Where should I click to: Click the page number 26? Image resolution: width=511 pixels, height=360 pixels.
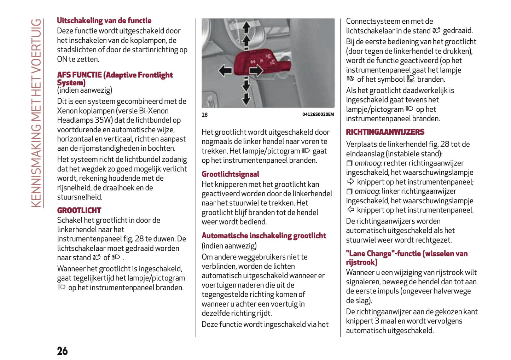pos(62,351)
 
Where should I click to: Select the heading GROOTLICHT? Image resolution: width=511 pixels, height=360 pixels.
pos(79,210)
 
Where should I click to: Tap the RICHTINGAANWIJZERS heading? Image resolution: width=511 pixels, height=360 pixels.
pos(385,132)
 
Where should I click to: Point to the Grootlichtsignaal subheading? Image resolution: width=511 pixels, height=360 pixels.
pos(230,174)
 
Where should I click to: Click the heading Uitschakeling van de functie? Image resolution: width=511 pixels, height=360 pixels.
pos(104,21)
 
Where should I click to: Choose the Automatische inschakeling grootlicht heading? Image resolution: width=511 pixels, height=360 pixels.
pos(264,236)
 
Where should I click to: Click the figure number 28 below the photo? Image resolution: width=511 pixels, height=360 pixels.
pos(205,115)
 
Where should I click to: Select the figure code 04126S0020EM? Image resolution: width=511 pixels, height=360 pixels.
pos(318,114)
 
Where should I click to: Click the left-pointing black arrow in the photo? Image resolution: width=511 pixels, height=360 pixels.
pos(225,70)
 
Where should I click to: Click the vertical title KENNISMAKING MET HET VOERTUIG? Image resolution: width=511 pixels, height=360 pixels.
pos(36,113)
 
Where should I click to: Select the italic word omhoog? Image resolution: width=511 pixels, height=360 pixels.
pos(368,163)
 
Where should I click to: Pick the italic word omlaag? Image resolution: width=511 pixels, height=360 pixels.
pos(367,191)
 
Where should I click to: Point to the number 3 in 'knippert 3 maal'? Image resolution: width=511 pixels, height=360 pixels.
pos(377,321)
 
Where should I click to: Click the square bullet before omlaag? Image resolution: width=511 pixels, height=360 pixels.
pos(349,191)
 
